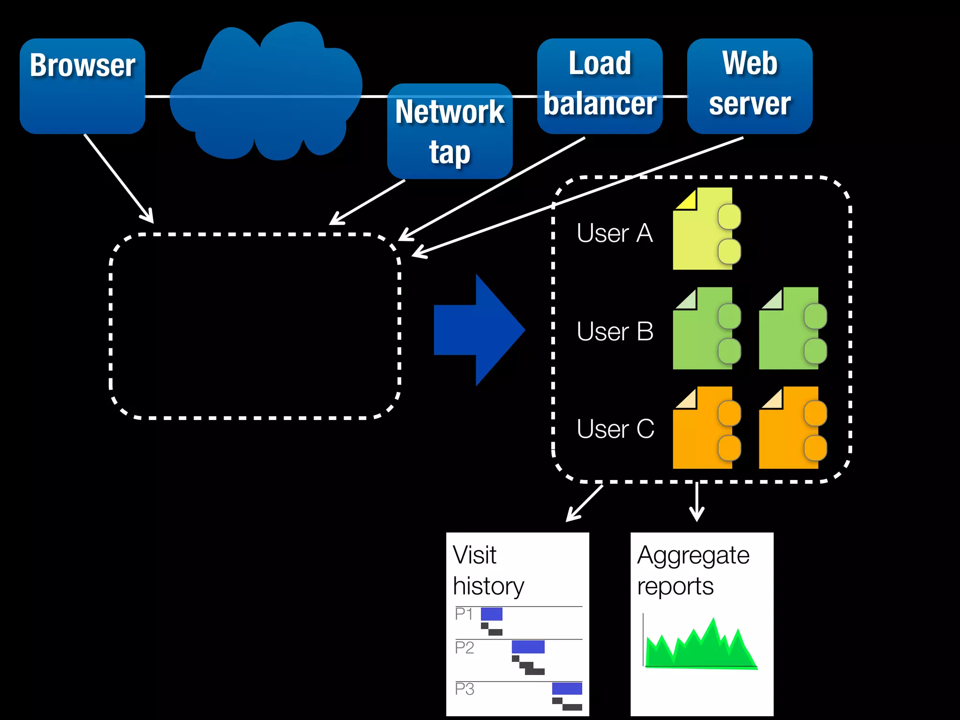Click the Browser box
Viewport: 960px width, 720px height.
tap(82, 86)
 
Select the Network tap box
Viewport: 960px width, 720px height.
tap(450, 132)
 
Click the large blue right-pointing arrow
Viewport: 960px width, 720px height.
tap(478, 330)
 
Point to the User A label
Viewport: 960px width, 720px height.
tap(615, 233)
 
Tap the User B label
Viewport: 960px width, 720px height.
tap(615, 331)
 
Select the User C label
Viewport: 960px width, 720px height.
tap(615, 428)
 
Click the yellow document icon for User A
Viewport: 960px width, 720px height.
tap(703, 229)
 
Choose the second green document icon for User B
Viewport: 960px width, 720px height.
tap(790, 329)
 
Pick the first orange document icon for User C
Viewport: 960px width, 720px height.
tap(703, 428)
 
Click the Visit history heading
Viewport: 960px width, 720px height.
tap(487, 570)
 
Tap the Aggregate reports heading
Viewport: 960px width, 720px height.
tap(693, 570)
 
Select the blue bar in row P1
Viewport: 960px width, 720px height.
tap(491, 614)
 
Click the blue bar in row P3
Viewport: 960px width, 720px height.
tap(567, 688)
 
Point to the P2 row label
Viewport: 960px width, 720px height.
tap(464, 648)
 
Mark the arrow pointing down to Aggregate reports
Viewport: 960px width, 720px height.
tap(697, 502)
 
